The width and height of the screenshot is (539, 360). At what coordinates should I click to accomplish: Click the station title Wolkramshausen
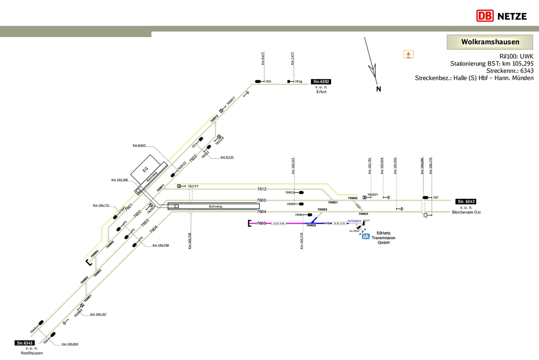(x=490, y=42)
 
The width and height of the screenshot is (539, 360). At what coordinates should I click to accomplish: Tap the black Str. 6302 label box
(x=322, y=82)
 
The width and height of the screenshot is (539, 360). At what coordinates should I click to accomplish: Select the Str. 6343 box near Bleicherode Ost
(x=466, y=202)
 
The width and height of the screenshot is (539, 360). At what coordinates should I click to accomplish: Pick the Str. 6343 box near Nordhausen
(x=25, y=343)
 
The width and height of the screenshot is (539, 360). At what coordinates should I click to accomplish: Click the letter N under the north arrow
(x=379, y=89)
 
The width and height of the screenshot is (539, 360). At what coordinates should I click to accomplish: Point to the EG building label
(x=145, y=169)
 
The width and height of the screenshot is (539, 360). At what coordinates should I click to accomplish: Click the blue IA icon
(x=366, y=236)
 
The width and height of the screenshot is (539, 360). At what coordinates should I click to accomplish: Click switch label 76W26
(x=311, y=226)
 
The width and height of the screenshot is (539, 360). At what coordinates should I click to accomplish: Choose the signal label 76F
(x=435, y=198)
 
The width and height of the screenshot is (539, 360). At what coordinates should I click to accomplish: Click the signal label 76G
(x=268, y=82)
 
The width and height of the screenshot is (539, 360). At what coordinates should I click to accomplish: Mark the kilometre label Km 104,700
(x=160, y=246)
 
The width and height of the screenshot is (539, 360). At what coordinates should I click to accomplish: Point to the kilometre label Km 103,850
(x=70, y=344)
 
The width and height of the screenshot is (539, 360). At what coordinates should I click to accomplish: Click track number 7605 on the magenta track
(x=261, y=223)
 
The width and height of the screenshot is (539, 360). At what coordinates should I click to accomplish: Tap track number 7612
(x=261, y=189)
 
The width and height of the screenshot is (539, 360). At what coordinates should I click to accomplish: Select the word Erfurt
(x=321, y=91)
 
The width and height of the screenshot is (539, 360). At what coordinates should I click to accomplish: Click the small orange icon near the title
(x=408, y=54)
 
